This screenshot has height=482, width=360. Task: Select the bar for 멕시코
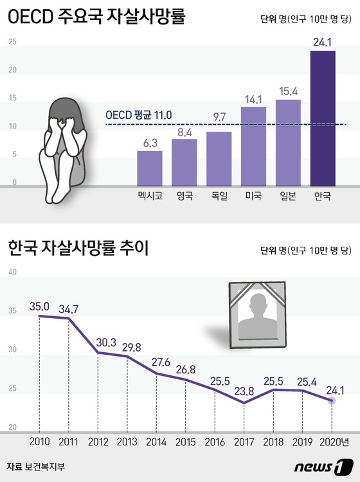tap(150, 166)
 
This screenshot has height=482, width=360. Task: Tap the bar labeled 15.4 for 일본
tap(288, 141)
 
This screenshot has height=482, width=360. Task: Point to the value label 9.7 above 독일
tap(219, 116)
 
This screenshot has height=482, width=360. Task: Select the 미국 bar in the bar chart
tap(253, 145)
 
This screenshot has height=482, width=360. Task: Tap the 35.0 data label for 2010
tap(39, 307)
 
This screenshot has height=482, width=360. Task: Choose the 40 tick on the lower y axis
tap(12, 272)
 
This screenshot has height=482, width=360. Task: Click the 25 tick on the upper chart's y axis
tap(12, 42)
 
